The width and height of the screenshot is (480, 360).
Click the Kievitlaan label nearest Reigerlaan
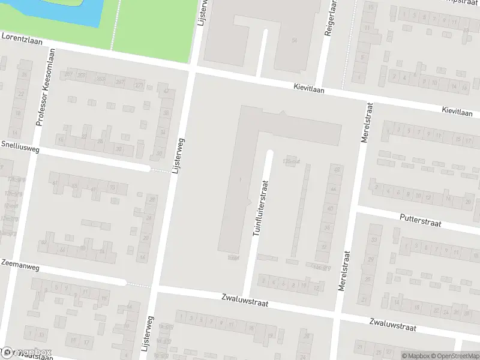click(310, 88)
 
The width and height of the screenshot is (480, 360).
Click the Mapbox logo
click(27, 352)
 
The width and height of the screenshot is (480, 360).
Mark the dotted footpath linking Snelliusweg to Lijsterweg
click(160, 170)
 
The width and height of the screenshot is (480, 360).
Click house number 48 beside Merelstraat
click(337, 170)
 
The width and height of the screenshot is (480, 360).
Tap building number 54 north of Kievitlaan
click(294, 40)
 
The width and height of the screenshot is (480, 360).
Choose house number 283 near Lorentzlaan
click(101, 79)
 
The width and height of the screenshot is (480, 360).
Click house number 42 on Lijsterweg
click(166, 91)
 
